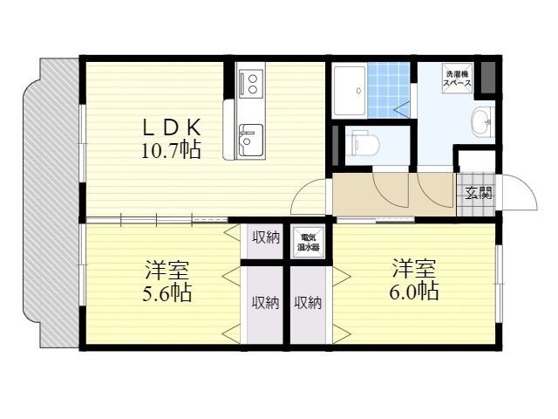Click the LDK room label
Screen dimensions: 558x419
click(x=172, y=127)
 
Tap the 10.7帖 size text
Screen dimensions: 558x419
click(x=171, y=149)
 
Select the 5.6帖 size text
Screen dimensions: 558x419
click(x=167, y=293)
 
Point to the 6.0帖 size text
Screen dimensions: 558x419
click(x=414, y=292)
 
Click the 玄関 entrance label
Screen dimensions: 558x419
click(x=479, y=193)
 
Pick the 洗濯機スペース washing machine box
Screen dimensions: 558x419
click(x=459, y=79)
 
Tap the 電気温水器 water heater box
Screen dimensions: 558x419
click(x=308, y=243)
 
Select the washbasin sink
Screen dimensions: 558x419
click(x=482, y=122)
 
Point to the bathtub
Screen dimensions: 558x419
click(x=350, y=91)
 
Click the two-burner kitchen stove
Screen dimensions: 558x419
click(x=251, y=84)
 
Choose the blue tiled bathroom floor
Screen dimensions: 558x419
click(x=388, y=90)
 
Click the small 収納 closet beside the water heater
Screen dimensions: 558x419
click(x=265, y=242)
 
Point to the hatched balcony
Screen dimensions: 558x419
click(x=51, y=203)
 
